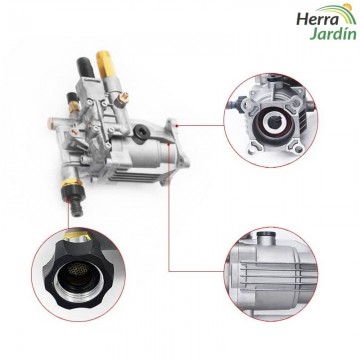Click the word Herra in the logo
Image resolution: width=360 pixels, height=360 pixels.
(x=317, y=19)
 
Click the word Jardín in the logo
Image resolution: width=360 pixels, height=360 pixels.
(x=333, y=34)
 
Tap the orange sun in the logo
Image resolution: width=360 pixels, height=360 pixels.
(x=348, y=7)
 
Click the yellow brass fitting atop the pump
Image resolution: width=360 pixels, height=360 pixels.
(x=105, y=63)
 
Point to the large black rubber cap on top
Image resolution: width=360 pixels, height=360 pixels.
(x=85, y=69)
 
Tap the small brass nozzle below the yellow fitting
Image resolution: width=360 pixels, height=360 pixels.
(x=124, y=97)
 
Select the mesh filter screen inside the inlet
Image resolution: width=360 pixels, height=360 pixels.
(x=77, y=269)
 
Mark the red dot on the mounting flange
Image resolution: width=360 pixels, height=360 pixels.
(x=178, y=126)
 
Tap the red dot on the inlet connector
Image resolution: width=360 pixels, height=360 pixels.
(x=68, y=200)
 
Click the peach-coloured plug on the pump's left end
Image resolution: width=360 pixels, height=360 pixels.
(x=51, y=121)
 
